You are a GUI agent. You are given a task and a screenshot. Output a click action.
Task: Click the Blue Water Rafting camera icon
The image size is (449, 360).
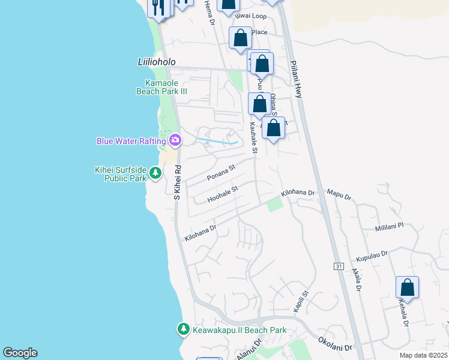coord(175,141)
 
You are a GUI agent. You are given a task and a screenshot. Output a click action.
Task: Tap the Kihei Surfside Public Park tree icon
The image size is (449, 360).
coord(155,173)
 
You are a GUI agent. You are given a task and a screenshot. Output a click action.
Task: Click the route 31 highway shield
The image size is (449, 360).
coord(339,266)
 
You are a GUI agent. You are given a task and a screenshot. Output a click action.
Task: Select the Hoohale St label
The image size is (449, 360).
coord(223,193)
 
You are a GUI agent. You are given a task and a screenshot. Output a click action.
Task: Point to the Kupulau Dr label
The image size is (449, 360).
coord(372,256)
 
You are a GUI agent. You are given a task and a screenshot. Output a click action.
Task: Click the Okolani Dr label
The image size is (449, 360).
coord(335,343)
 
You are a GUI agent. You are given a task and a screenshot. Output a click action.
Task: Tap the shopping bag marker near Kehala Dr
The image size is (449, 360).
coord(408,289)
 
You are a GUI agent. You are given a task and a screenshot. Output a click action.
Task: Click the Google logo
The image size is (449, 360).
coord(20,353)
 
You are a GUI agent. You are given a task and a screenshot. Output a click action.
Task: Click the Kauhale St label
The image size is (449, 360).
coord(253,137)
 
